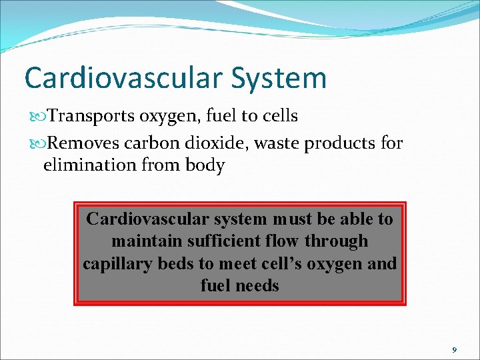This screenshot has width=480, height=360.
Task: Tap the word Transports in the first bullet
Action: point(93,116)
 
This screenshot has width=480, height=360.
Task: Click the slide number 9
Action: point(454,349)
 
